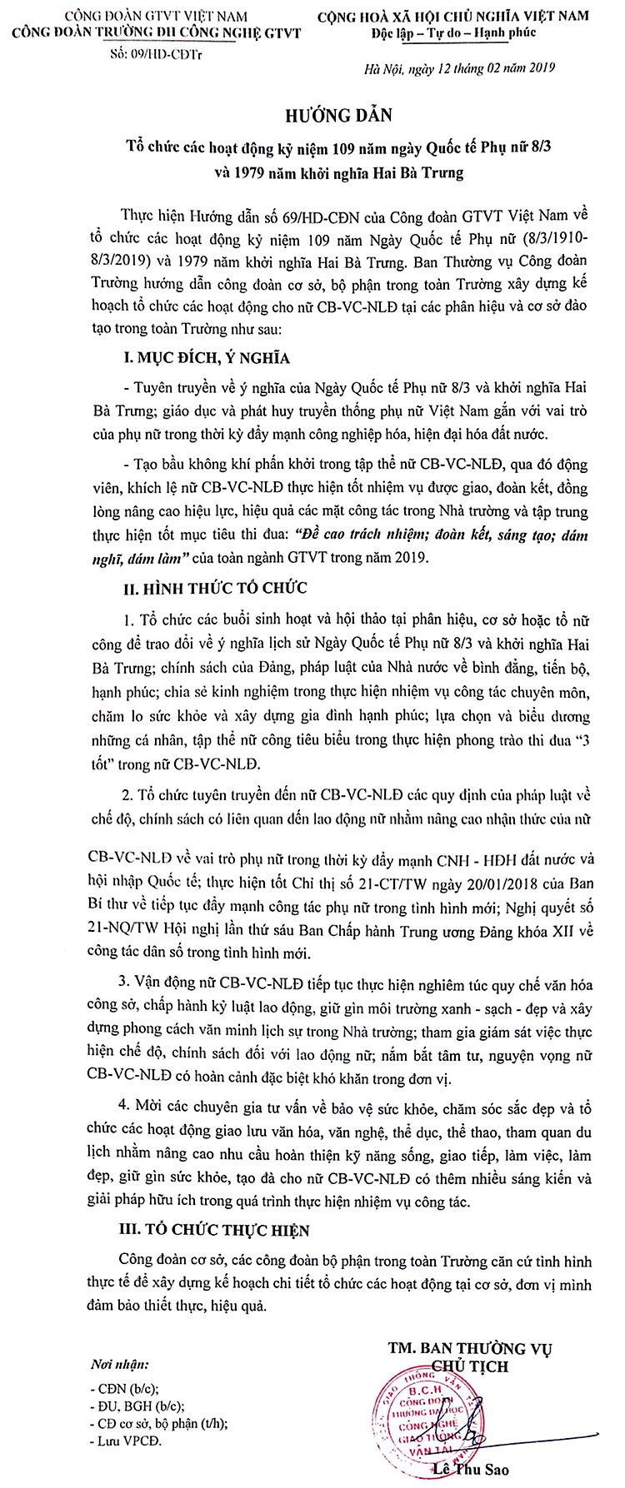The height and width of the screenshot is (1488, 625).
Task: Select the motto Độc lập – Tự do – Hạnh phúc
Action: pyautogui.click(x=454, y=33)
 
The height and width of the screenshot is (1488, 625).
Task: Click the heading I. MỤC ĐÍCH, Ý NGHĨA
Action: pyautogui.click(x=206, y=359)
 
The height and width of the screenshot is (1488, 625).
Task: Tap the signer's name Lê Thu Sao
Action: pyautogui.click(x=471, y=1469)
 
